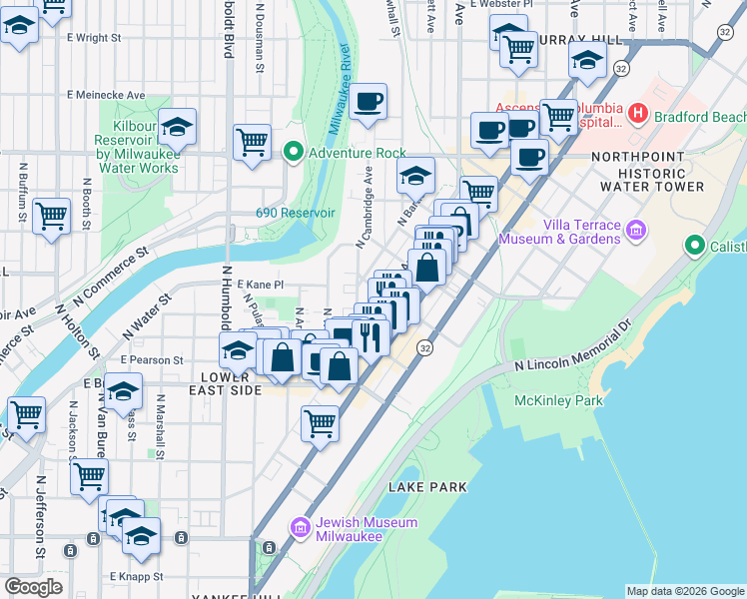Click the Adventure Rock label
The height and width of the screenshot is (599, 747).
pos(358,153)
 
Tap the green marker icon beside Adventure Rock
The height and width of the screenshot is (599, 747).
pos(294,153)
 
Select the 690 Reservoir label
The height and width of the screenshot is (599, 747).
pos(294,212)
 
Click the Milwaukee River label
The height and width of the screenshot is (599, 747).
pos(339,90)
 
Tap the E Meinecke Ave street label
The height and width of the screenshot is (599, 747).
pos(106,95)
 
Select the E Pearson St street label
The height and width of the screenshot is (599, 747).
pos(152,359)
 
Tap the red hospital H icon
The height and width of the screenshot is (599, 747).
pos(637,116)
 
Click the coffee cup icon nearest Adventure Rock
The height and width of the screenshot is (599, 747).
pos(369,102)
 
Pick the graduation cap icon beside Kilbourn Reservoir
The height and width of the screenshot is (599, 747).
pos(177,127)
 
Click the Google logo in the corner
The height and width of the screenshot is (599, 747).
pos(33,587)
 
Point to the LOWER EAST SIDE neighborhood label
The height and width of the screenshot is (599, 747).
pos(225,384)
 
